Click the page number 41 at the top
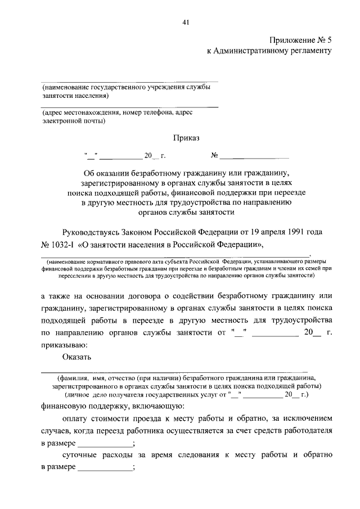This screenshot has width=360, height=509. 185,22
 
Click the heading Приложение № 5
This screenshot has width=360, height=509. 301,39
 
